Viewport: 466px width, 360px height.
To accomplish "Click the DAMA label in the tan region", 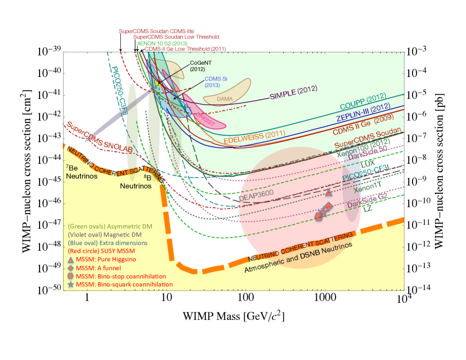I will (x=225, y=98).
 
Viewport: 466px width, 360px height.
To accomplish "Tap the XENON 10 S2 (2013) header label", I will (x=163, y=43).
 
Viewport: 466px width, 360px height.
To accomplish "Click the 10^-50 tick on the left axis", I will (x=49, y=288).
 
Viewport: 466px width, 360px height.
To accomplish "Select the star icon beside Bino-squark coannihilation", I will (x=71, y=285).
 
